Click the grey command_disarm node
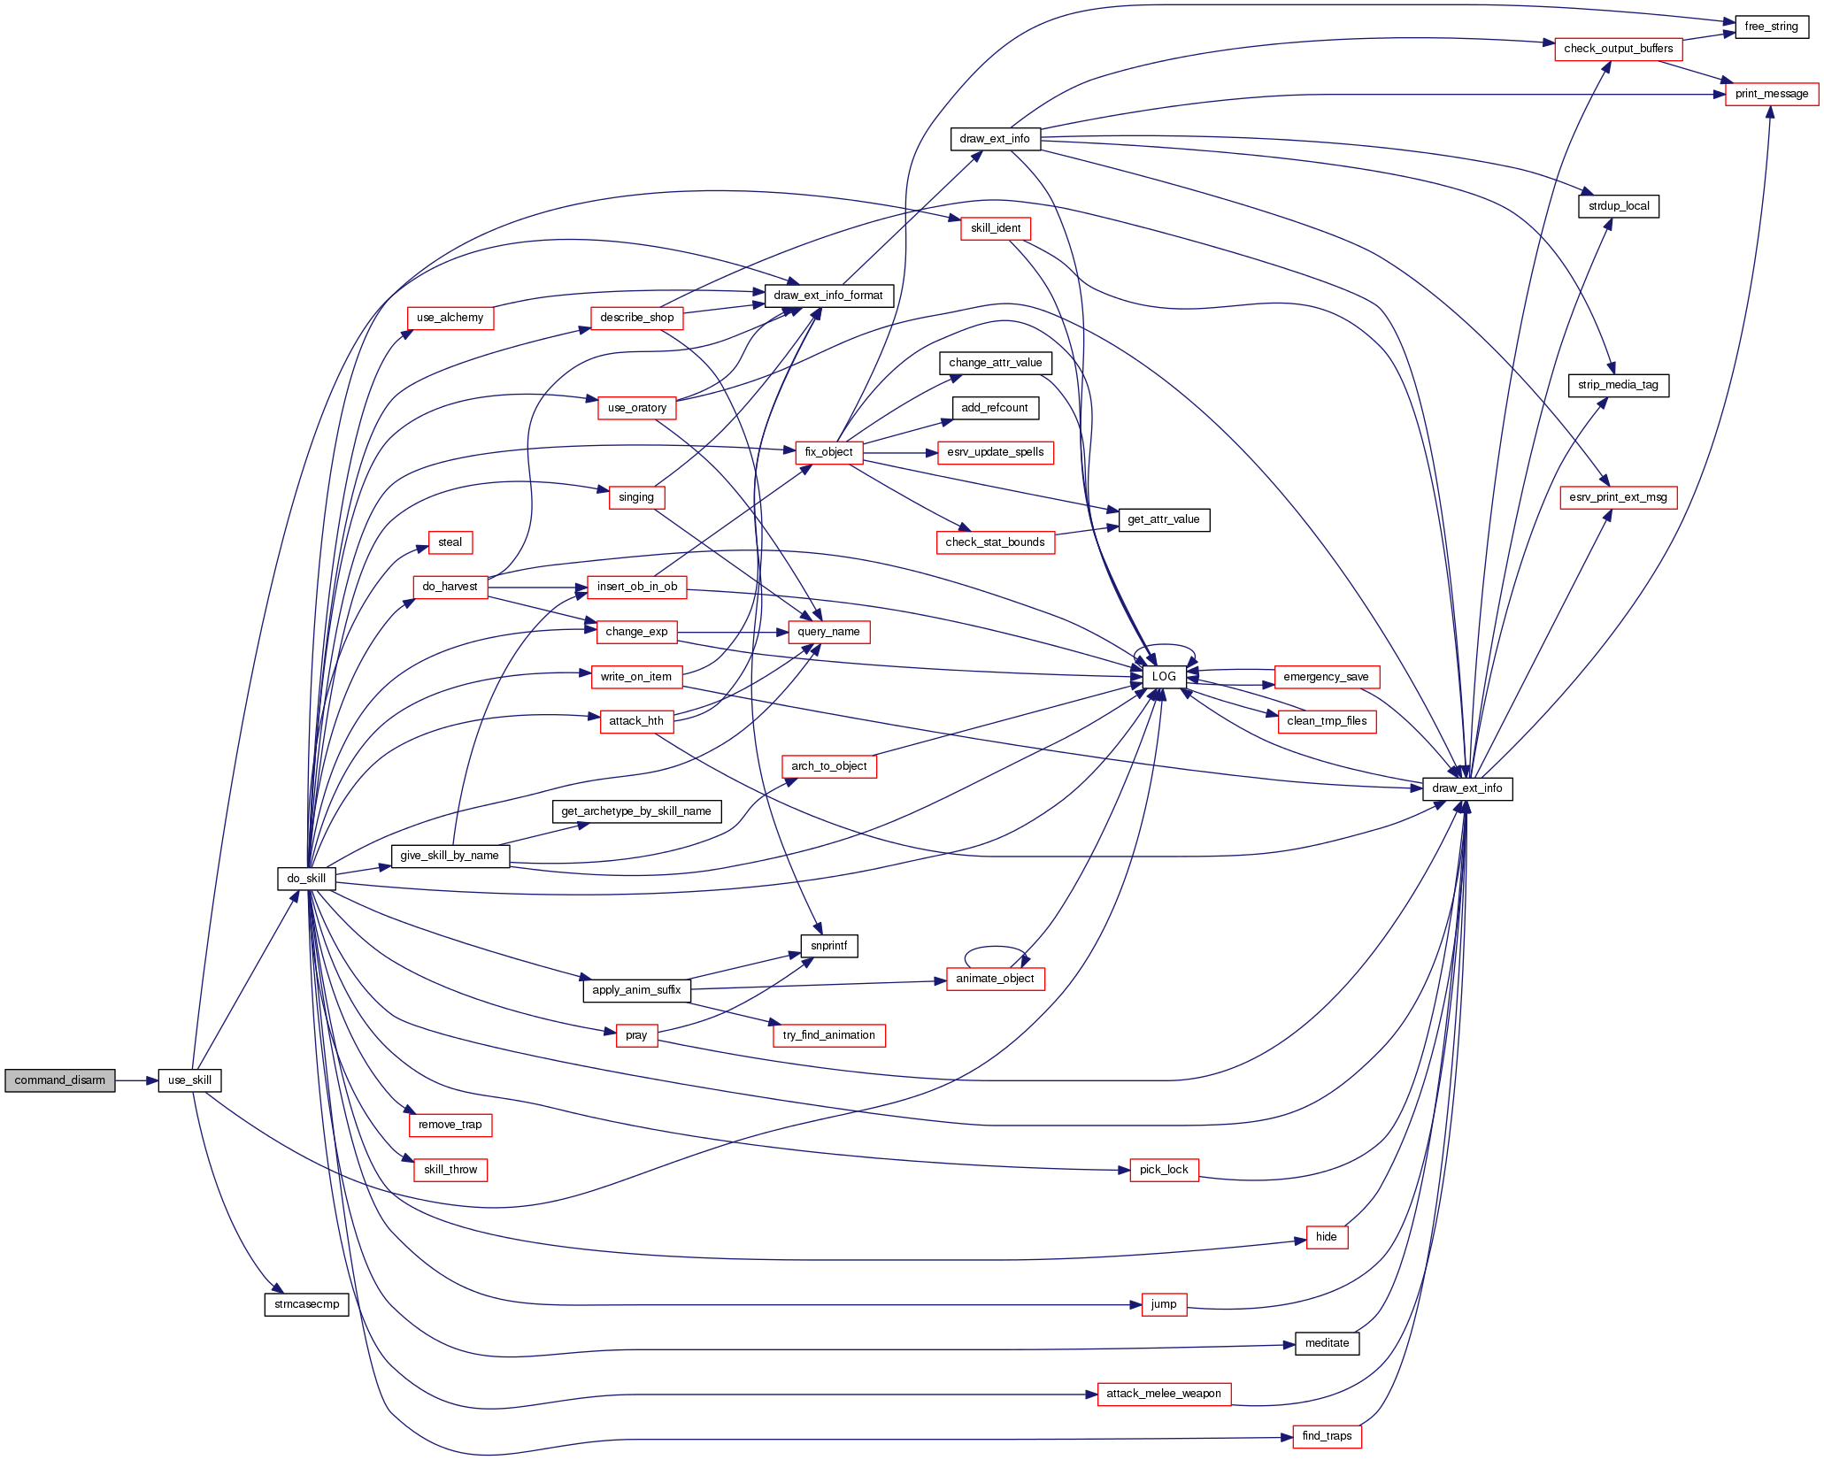(59, 1080)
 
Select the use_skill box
(189, 1080)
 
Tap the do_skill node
(306, 879)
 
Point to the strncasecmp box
(306, 1304)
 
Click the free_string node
(1771, 27)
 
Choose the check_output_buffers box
(1618, 49)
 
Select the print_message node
(1771, 94)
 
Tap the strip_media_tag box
(1618, 385)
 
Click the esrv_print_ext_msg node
(1618, 497)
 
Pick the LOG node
(1164, 677)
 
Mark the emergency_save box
(1326, 677)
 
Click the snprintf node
(828, 946)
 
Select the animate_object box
(995, 979)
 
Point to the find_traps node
(1327, 1436)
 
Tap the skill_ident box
(996, 228)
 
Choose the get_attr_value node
(1164, 519)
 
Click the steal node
(450, 542)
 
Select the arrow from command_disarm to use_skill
(136, 1080)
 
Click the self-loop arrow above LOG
(1165, 646)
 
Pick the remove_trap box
(450, 1125)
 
